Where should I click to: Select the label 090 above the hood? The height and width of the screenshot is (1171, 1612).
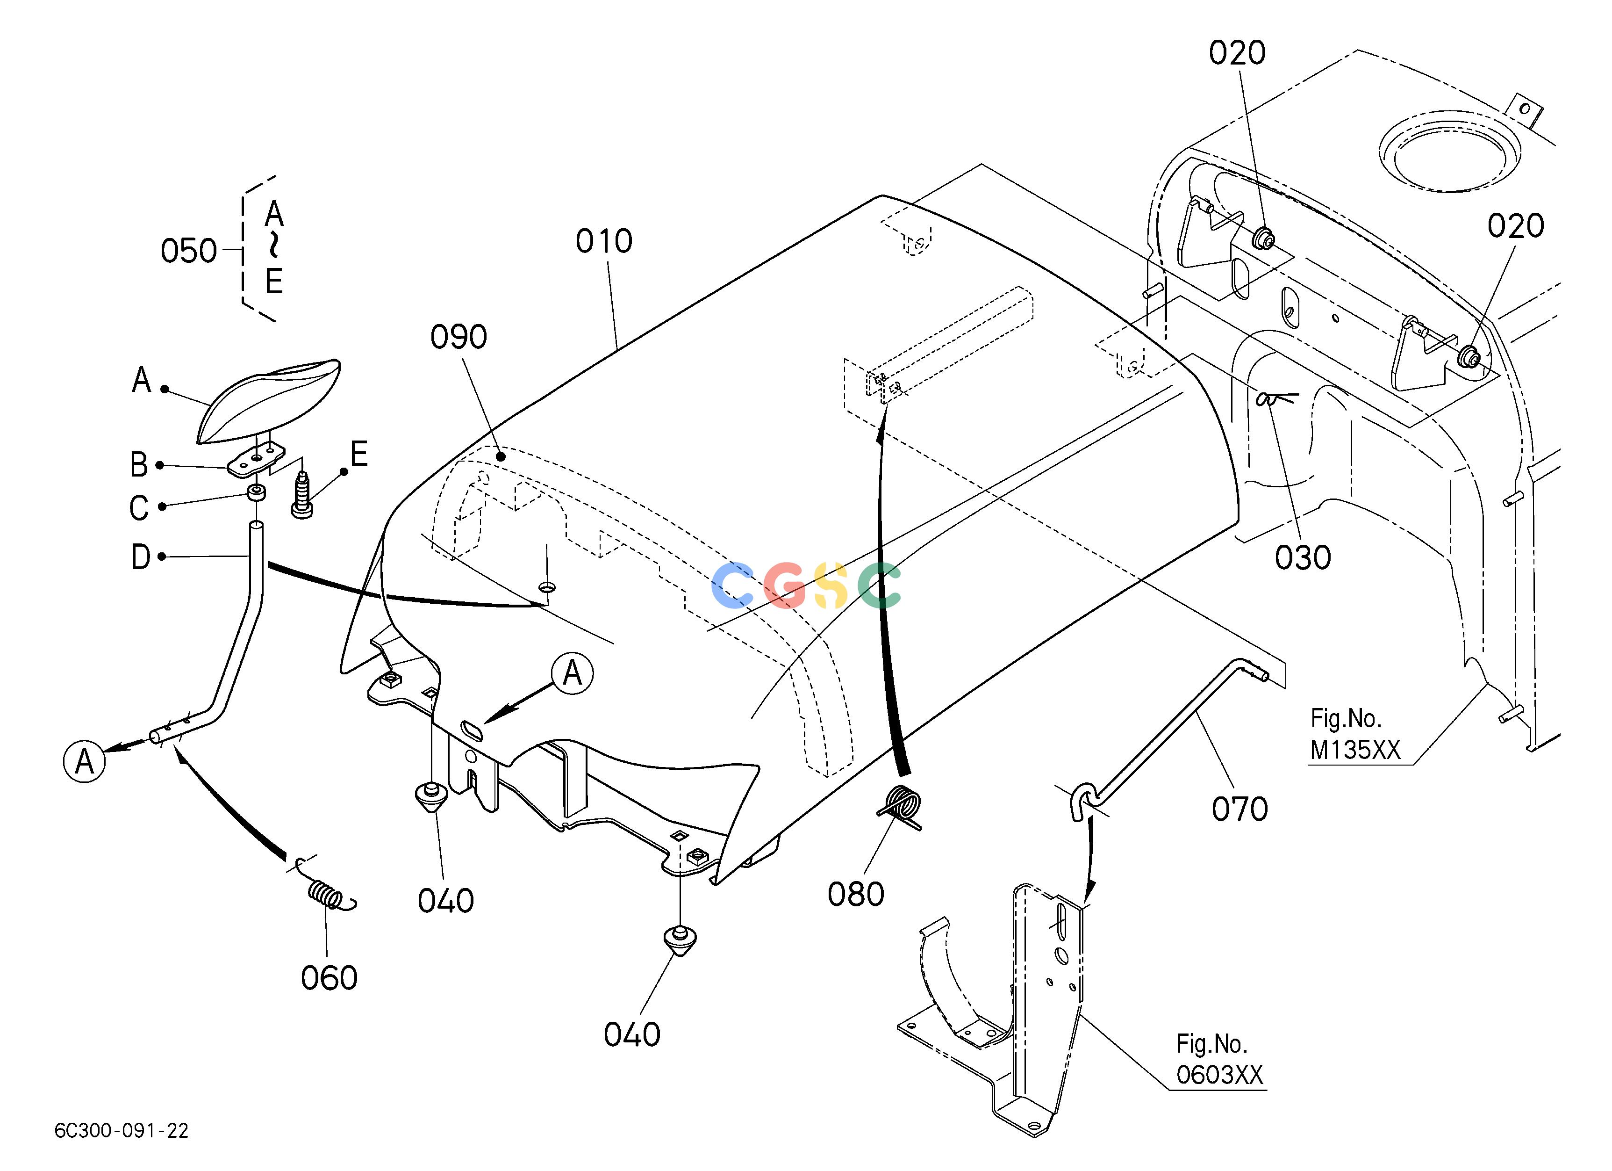459,337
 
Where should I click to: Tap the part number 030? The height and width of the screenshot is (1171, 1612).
1302,558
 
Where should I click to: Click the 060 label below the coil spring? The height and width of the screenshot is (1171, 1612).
329,978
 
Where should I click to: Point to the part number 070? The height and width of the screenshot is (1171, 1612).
1239,809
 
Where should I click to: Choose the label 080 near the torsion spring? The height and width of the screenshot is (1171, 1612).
856,895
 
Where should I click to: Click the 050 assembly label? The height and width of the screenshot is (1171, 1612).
188,251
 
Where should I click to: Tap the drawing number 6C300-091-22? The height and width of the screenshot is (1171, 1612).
122,1130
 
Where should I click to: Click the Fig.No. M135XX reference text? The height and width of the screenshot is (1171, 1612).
1354,735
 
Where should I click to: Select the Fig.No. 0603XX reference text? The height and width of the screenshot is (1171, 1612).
1220,1059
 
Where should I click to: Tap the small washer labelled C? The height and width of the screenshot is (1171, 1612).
256,493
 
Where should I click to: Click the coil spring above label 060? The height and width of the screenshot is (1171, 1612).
327,892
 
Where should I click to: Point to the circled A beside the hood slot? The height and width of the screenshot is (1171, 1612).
572,673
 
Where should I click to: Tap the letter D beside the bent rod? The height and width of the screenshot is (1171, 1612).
141,557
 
